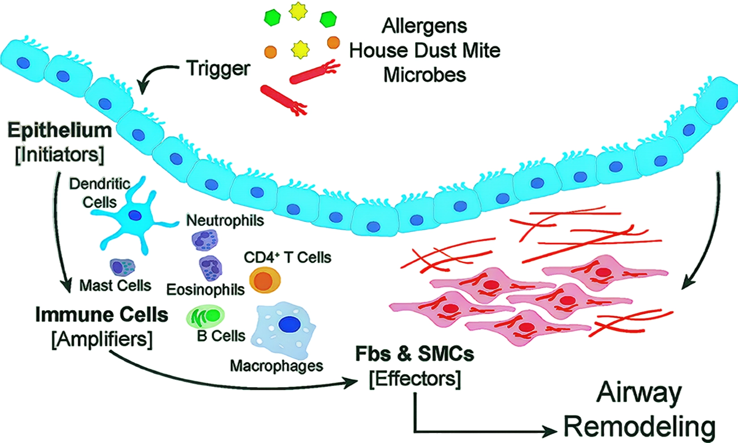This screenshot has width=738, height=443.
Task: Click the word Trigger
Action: coord(218,69)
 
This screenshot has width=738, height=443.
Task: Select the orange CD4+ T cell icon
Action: coord(265,281)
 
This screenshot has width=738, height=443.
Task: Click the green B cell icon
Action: coord(206,317)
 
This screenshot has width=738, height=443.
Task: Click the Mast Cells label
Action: coord(115,285)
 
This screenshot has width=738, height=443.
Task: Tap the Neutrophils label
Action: coord(225,220)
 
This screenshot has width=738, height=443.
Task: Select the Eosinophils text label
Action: coord(205,290)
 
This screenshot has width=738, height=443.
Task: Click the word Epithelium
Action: coord(60,131)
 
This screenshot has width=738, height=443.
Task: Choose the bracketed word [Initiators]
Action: coord(60,155)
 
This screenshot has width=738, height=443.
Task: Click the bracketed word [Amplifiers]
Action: coord(102,339)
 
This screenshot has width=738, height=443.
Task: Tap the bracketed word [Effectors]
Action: coord(415,379)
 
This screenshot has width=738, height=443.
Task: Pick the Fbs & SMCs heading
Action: coord(415,354)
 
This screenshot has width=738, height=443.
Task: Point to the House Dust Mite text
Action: coord(424,50)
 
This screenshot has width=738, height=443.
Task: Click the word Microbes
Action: coord(424,75)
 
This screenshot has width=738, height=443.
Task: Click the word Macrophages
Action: coord(276,366)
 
